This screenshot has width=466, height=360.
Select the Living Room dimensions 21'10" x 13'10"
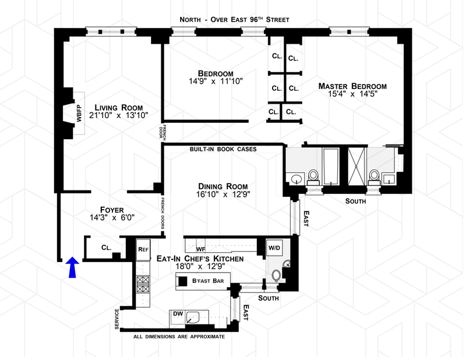tap(119, 115)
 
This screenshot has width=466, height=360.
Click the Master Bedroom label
tap(352, 86)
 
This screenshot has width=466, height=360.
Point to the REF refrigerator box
tap(143, 249)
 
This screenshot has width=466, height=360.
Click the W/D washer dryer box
tap(274, 248)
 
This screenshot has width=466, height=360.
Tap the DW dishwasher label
tap(178, 314)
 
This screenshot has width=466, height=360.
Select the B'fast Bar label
tap(208, 281)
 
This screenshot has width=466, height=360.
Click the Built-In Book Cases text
tap(224, 149)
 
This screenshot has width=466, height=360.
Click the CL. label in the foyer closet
tap(106, 248)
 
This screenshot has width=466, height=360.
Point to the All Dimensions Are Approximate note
tap(178, 337)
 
